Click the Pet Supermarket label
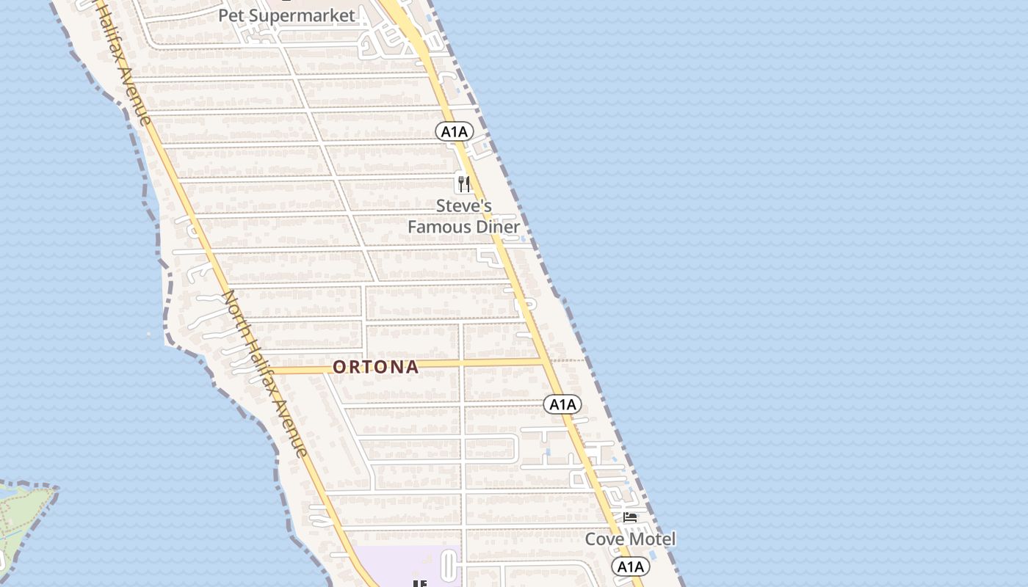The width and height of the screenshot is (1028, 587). click(x=286, y=15)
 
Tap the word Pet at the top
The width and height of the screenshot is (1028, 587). click(x=231, y=15)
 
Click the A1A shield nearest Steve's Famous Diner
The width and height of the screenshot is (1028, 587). click(x=455, y=131)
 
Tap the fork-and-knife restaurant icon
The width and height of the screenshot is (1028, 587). click(x=463, y=183)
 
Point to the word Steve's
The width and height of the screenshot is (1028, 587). click(x=464, y=205)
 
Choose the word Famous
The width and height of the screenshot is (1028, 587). click(x=438, y=227)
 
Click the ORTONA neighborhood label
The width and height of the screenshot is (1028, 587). click(x=376, y=367)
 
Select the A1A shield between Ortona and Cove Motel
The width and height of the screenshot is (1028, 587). click(x=562, y=404)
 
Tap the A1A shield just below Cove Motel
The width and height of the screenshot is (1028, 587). click(x=630, y=566)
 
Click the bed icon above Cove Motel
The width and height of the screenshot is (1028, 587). click(x=630, y=517)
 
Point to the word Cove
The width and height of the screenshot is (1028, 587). click(x=604, y=539)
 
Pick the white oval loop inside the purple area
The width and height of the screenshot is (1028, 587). click(x=449, y=567)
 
